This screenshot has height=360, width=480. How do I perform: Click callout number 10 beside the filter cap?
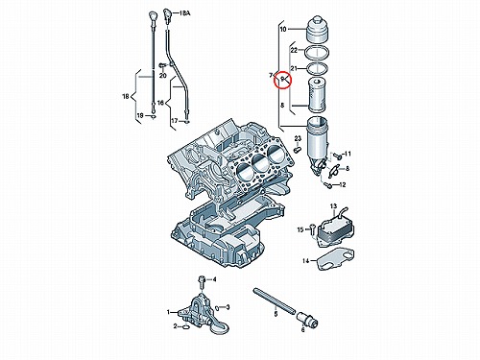tap(283, 30)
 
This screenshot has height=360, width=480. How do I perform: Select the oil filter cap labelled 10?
tap(318, 30)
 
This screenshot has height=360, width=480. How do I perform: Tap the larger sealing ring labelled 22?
tap(317, 53)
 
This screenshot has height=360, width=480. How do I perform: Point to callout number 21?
tap(294, 68)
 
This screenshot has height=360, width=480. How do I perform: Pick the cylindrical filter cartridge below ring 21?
tap(317, 95)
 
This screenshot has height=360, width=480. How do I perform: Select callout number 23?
tap(298, 138)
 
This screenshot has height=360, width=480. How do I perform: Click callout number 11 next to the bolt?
tap(348, 154)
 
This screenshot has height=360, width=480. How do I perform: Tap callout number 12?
tap(343, 185)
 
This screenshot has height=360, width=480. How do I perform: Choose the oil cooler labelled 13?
tap(335, 228)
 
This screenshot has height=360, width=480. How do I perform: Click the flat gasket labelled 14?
tap(335, 258)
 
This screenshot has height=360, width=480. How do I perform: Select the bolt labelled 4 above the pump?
tap(202, 281)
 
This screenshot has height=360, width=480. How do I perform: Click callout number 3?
tap(228, 307)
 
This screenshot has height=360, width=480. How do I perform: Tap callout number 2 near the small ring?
tap(175, 326)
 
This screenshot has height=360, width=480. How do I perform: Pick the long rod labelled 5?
tap(274, 300)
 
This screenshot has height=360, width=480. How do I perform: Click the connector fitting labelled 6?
tap(307, 319)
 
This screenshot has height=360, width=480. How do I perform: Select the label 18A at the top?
tap(184, 13)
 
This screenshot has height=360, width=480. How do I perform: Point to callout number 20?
tap(163, 76)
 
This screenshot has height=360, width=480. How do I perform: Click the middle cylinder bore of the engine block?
tap(261, 164)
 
